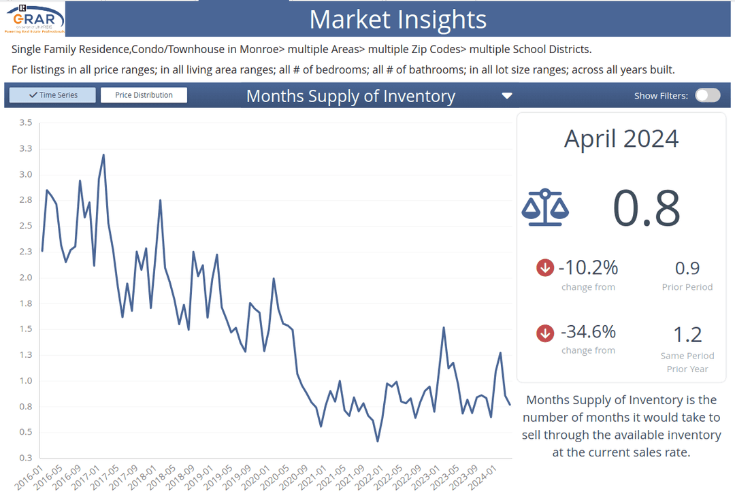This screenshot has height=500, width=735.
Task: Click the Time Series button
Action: [x=53, y=95]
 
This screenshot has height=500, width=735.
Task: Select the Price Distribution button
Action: [x=144, y=95]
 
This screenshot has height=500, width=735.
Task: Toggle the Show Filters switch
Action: [x=707, y=95]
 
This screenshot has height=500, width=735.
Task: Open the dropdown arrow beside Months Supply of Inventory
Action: [x=506, y=96]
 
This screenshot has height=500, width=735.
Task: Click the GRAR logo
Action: [x=35, y=18]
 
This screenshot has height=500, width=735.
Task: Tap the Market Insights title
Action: [x=398, y=19]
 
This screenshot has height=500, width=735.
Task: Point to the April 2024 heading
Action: [x=621, y=139]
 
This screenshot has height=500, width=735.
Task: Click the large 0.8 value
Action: [x=646, y=209]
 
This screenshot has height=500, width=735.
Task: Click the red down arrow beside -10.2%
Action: [x=544, y=268]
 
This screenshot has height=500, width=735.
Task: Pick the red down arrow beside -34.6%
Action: [x=544, y=333]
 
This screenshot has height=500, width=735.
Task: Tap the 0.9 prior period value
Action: [x=687, y=268]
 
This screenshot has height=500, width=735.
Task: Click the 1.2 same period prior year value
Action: [x=687, y=335]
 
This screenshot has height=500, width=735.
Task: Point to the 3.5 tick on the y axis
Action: [x=26, y=122]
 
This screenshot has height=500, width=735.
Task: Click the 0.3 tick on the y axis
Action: [x=26, y=458]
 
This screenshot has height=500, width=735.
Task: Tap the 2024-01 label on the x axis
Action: [x=498, y=478]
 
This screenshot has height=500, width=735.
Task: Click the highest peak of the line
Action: [x=103, y=154]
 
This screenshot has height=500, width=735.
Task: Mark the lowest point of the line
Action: [x=377, y=441]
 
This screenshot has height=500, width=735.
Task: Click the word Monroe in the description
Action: [x=258, y=50]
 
